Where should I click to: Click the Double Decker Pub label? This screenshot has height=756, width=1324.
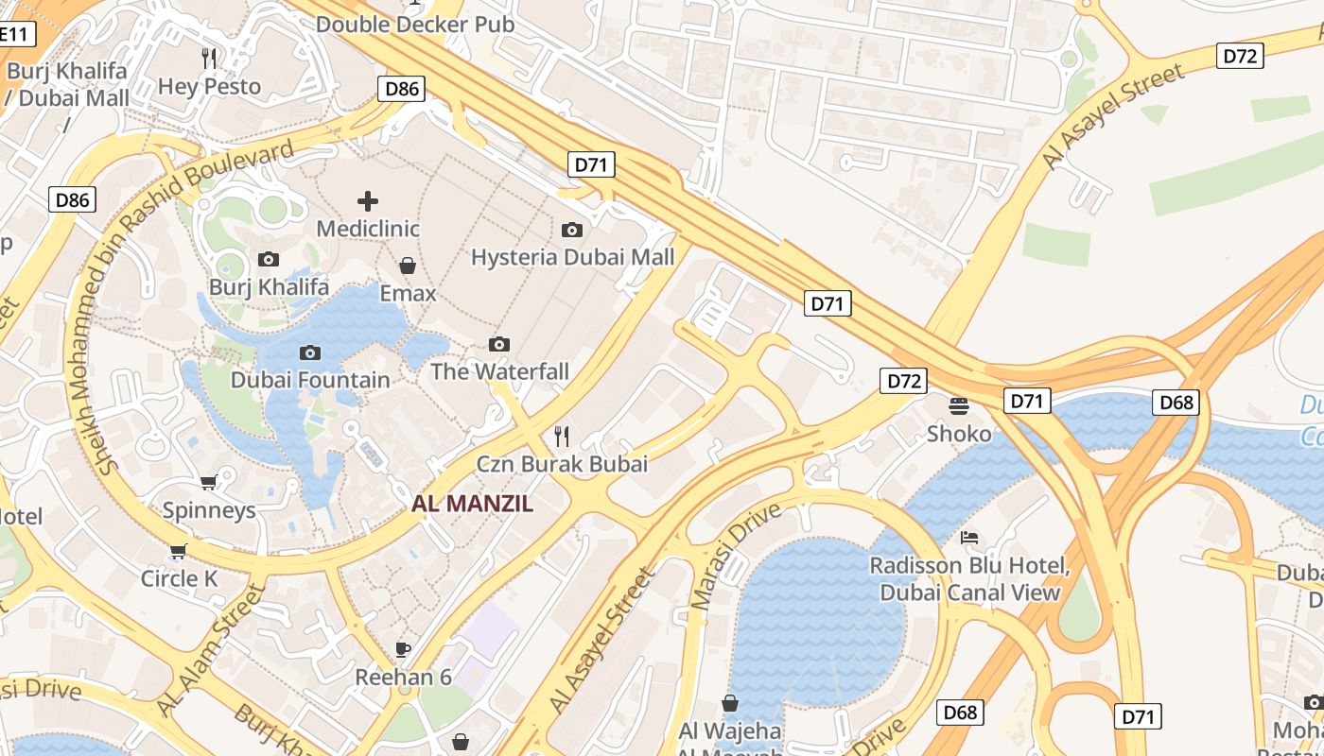(415, 24)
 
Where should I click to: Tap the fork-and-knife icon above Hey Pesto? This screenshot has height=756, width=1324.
(209, 59)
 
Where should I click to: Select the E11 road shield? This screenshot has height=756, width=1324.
(16, 35)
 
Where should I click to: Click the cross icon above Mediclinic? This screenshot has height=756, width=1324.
(368, 200)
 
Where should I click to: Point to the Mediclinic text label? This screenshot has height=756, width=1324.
(368, 229)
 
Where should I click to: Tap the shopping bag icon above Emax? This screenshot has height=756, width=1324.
(408, 266)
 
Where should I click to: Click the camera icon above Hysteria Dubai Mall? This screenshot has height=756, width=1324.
(572, 230)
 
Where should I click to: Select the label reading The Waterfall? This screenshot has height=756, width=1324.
(500, 371)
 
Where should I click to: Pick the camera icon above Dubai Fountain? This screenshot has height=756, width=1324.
(309, 352)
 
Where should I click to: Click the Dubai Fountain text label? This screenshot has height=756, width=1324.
(310, 380)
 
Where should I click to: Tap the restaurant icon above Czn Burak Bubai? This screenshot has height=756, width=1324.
(562, 436)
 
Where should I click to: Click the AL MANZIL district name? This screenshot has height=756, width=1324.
(472, 504)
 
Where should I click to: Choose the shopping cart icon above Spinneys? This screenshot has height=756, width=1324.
(209, 482)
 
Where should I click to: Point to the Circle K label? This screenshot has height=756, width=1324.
(179, 578)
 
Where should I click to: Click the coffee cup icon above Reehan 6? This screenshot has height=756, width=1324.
(403, 649)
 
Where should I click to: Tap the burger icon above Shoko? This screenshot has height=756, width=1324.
(959, 406)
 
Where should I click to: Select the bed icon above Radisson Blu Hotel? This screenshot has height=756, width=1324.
(969, 538)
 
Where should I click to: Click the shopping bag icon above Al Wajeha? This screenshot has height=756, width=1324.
(730, 703)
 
